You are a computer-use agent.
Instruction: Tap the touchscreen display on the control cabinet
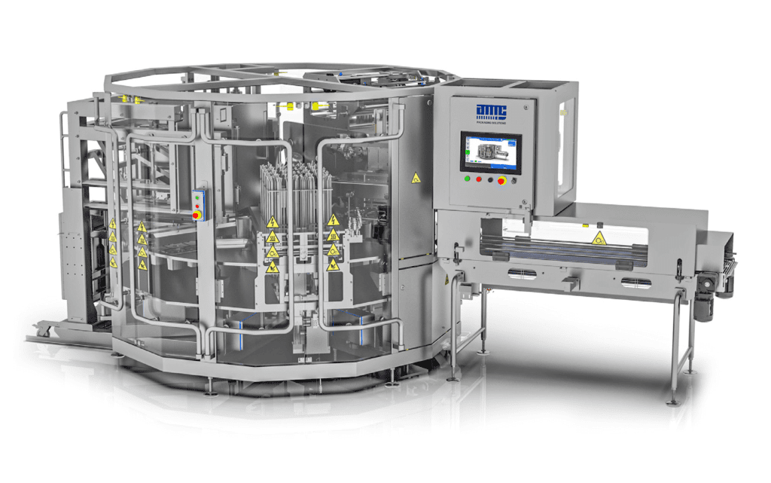[x=491, y=152]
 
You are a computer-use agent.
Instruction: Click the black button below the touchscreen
[x=491, y=180]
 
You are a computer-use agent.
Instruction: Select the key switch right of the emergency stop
[x=514, y=180]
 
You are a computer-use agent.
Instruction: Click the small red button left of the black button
[x=479, y=180]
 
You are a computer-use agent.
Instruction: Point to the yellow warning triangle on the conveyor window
[x=598, y=239]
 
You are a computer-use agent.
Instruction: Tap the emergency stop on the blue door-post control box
[x=198, y=215]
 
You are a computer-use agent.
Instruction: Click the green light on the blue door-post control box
[x=198, y=194]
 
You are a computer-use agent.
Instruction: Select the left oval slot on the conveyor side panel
[x=523, y=274]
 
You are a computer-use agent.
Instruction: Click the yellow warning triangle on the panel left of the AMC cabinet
[x=415, y=178]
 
